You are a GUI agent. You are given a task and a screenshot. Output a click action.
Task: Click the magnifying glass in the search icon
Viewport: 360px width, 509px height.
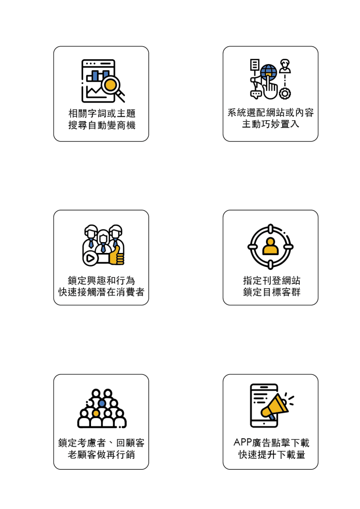coord(111,84)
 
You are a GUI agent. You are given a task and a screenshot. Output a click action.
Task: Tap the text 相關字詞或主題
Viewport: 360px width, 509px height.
coord(101,112)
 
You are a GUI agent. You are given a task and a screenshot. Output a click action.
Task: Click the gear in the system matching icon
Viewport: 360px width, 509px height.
coord(285,93)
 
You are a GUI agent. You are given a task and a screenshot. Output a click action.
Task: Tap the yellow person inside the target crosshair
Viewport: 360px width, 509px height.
coord(270,247)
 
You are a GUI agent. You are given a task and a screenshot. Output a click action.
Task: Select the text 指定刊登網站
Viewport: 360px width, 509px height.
coord(270,280)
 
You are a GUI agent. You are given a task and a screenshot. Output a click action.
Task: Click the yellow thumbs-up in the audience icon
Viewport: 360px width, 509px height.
coord(116,256)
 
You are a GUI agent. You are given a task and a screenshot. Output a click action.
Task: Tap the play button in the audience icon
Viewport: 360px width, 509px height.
coord(90,258)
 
